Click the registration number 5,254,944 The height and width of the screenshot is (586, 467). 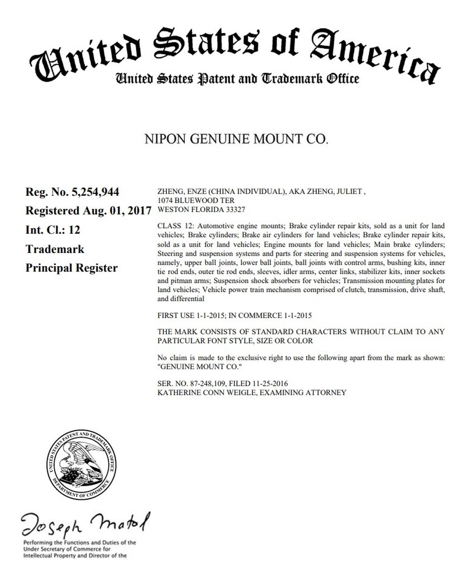point(95,192)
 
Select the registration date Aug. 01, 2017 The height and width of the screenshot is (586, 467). point(117,211)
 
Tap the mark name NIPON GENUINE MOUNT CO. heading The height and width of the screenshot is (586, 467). point(236,139)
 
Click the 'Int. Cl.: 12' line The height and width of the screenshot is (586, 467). point(53,230)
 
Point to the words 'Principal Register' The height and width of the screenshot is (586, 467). point(71,268)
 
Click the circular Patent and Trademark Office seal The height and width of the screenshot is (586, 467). point(81,465)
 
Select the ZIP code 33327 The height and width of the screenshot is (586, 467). point(235,209)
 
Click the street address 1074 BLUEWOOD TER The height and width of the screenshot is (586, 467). point(196,200)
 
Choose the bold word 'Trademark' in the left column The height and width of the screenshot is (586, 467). point(55,249)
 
